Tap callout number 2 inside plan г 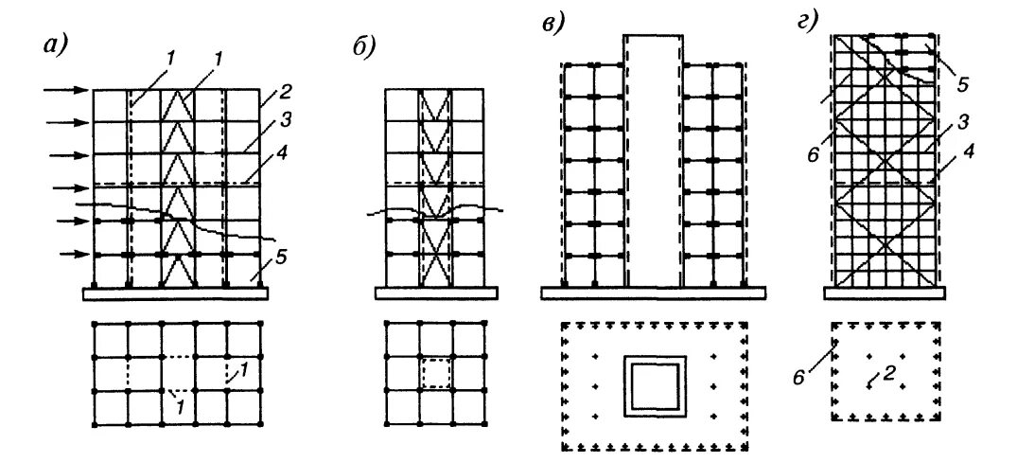[x=890, y=373]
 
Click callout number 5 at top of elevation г [x=963, y=84]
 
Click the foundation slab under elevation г [x=885, y=293]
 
